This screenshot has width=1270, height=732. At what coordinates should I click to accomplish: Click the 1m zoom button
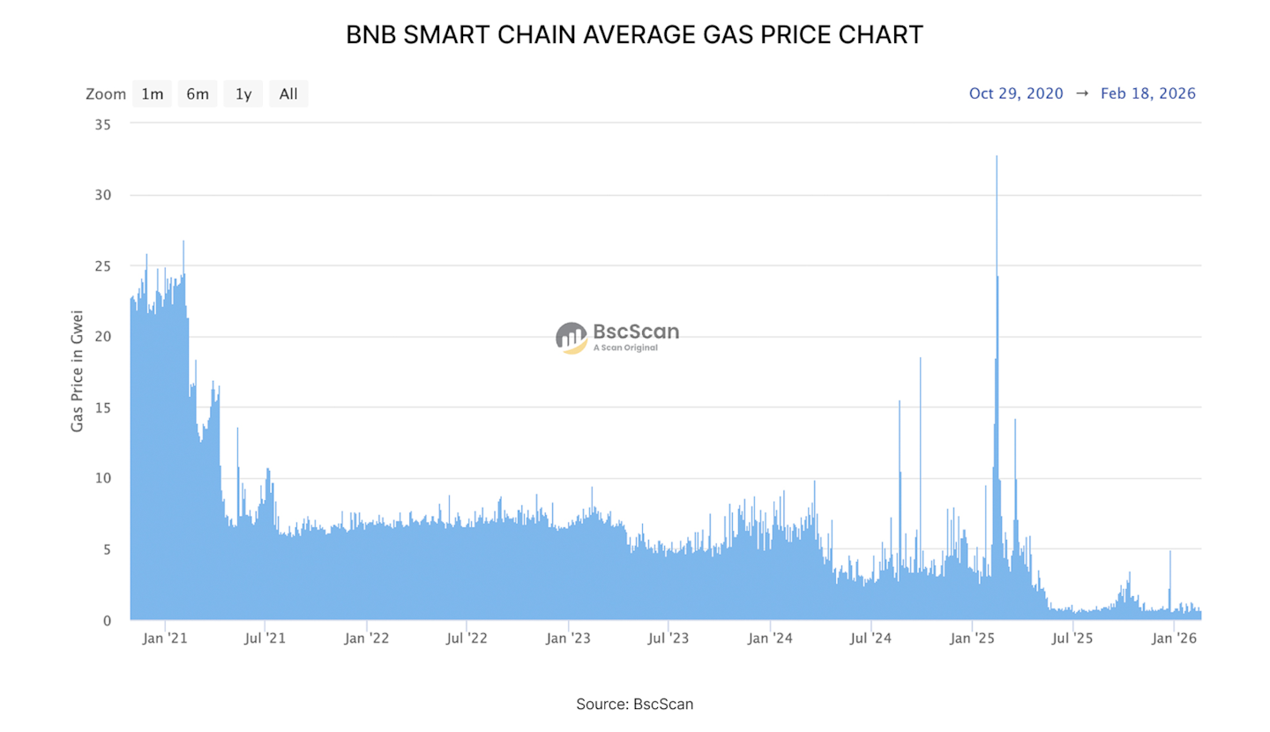click(x=153, y=93)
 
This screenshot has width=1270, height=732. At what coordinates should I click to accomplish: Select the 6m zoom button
click(x=198, y=93)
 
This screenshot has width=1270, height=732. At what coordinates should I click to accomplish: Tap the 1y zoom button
click(x=243, y=93)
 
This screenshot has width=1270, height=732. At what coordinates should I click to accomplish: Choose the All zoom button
click(x=288, y=93)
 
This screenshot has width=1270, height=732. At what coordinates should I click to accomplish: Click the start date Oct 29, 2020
click(x=1016, y=93)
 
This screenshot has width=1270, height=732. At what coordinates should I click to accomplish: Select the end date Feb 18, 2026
click(x=1148, y=93)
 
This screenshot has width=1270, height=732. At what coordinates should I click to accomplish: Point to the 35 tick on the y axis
click(x=102, y=124)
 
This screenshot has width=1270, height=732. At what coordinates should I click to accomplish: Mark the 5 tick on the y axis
click(x=106, y=549)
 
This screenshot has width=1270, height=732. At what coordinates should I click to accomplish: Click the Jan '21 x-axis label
click(x=165, y=639)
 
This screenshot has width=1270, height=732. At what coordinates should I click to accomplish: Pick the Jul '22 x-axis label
click(x=467, y=639)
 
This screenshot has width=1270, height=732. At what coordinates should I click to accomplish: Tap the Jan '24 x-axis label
click(x=770, y=639)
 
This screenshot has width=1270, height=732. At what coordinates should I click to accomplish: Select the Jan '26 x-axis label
click(x=1174, y=639)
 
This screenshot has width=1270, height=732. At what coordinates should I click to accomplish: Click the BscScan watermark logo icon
click(x=571, y=337)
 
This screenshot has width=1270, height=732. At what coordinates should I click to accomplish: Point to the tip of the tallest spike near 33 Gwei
click(x=997, y=157)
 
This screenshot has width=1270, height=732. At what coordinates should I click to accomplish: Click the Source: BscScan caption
click(x=635, y=704)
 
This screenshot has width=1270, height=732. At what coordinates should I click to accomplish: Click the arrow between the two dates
click(x=1082, y=93)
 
